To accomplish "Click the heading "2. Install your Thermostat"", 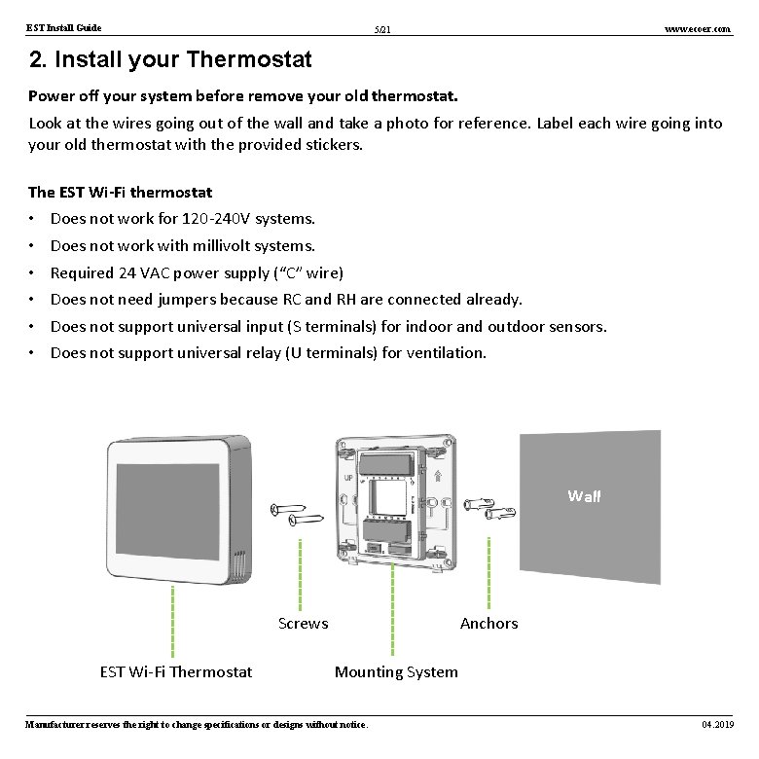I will click(170, 60).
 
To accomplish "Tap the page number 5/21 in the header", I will click(382, 31).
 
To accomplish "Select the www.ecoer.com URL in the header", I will click(697, 29).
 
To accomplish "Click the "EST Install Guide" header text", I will click(63, 28).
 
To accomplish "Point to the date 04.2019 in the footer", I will click(717, 725).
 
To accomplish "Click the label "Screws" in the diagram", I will click(303, 623).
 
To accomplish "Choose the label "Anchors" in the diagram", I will click(488, 623).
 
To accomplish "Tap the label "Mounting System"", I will click(396, 671).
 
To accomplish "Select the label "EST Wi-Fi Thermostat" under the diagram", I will click(176, 671).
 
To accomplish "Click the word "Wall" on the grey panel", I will click(584, 496).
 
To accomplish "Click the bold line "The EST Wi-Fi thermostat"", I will click(121, 193).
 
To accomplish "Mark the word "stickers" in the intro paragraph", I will click(330, 145).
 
